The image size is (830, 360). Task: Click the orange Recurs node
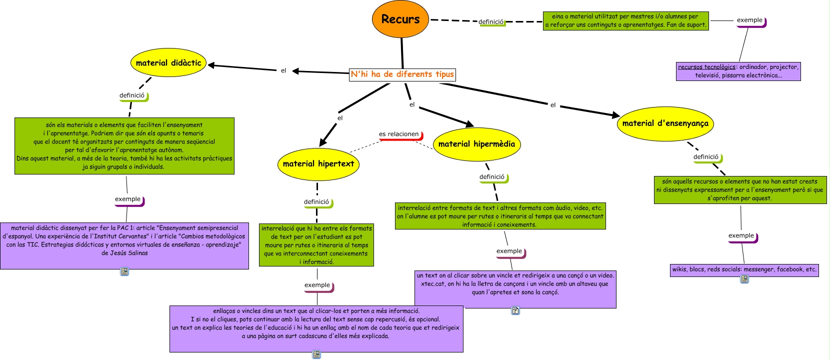pyautogui.click(x=400, y=19)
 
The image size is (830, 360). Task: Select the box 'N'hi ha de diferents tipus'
pyautogui.click(x=402, y=74)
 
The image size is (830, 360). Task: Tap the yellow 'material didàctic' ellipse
pyautogui.click(x=168, y=63)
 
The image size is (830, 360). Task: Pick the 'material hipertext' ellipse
pyautogui.click(x=318, y=164)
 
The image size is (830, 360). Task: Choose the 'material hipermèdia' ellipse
pyautogui.click(x=476, y=144)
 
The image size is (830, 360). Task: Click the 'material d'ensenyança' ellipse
pyautogui.click(x=665, y=123)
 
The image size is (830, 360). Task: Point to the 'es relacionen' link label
pyautogui.click(x=399, y=134)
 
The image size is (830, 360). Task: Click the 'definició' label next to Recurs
pyautogui.click(x=491, y=22)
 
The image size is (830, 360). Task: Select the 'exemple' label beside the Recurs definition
pyautogui.click(x=749, y=20)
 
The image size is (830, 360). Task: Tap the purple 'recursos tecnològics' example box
pyautogui.click(x=738, y=71)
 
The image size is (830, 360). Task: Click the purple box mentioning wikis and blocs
pyautogui.click(x=744, y=269)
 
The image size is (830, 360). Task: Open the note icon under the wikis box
pyautogui.click(x=744, y=279)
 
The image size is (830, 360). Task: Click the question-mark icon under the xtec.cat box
pyautogui.click(x=515, y=310)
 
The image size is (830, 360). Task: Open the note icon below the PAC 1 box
pyautogui.click(x=124, y=271)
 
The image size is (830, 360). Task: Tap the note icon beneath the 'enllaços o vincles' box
pyautogui.click(x=316, y=354)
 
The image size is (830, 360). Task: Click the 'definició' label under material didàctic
pyautogui.click(x=132, y=95)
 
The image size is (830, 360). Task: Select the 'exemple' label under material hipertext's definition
pyautogui.click(x=317, y=285)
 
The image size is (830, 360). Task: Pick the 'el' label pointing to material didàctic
pyautogui.click(x=283, y=70)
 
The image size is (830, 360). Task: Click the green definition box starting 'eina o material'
pyautogui.click(x=626, y=20)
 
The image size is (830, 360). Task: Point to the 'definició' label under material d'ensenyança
pyautogui.click(x=706, y=157)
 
